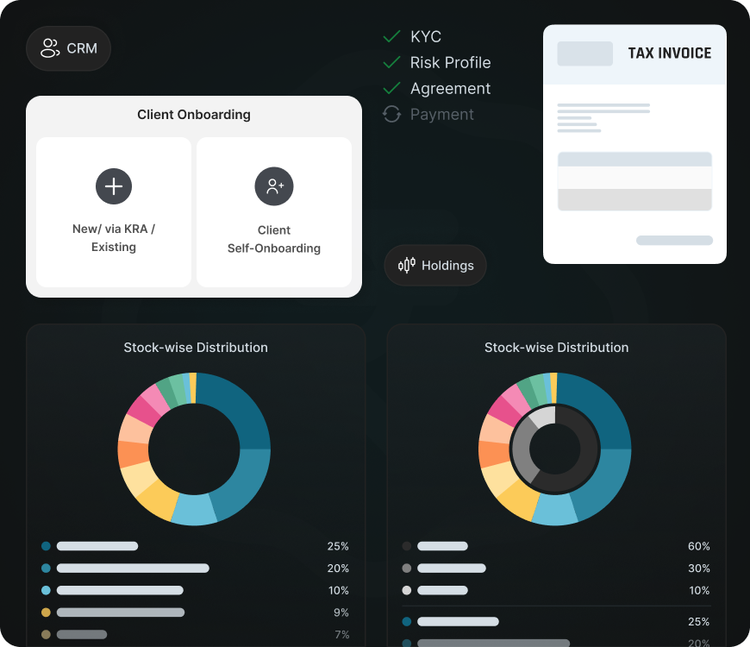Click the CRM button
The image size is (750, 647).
(68, 48)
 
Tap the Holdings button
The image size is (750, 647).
(435, 266)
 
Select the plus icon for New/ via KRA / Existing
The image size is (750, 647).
(114, 185)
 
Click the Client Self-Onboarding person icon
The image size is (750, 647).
(274, 185)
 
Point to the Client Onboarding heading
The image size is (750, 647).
(194, 115)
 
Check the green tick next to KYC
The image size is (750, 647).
(392, 36)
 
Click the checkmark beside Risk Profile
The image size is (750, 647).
(392, 62)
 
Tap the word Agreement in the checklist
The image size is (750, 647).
(450, 89)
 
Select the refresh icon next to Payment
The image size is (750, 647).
(392, 114)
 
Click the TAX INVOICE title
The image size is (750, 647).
(669, 53)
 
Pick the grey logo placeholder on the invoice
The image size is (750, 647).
(584, 53)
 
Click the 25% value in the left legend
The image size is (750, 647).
(338, 546)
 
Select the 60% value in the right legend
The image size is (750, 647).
(699, 546)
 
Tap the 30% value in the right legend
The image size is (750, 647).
(699, 568)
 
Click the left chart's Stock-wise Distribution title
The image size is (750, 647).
(196, 348)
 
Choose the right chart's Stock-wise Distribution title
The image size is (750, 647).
(556, 348)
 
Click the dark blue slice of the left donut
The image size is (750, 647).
(237, 405)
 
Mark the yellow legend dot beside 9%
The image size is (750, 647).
(46, 612)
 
